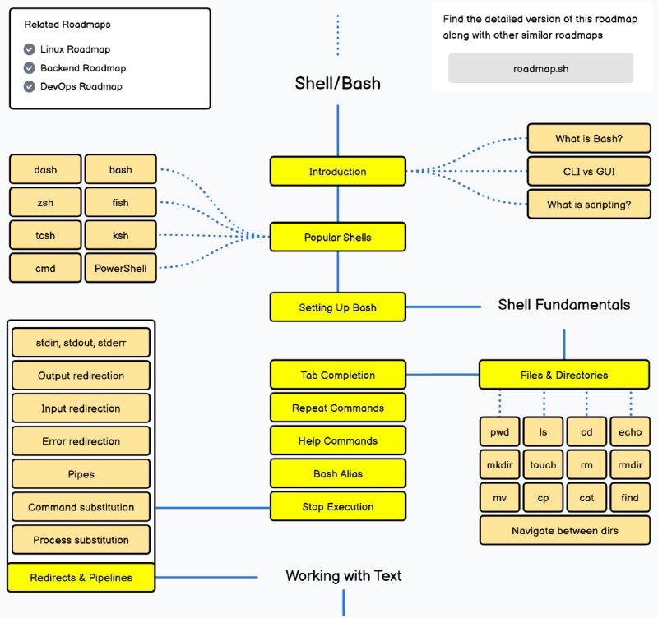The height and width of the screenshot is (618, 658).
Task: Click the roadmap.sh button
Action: (x=540, y=68)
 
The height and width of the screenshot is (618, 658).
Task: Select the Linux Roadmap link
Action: (x=75, y=49)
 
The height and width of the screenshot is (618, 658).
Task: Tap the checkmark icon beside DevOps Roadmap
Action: (x=30, y=86)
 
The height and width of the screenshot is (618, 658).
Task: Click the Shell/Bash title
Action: (x=337, y=83)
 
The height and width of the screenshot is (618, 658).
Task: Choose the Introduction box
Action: (x=337, y=171)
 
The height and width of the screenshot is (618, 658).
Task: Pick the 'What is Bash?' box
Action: (x=589, y=139)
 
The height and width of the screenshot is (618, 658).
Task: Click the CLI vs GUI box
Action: (x=589, y=172)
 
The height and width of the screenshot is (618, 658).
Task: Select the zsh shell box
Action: (x=45, y=202)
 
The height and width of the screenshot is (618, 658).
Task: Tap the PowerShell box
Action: (x=120, y=268)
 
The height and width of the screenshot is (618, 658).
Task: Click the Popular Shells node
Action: (x=337, y=238)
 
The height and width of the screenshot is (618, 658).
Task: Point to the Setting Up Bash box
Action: (x=337, y=307)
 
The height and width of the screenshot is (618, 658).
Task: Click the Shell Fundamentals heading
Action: (x=563, y=305)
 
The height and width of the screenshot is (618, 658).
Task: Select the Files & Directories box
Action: (x=563, y=375)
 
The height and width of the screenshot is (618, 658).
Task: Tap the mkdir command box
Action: (x=499, y=465)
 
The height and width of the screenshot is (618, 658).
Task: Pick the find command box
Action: (x=630, y=498)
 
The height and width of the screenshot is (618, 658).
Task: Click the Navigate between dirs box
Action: (x=564, y=531)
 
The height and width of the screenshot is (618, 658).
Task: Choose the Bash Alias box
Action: (x=337, y=473)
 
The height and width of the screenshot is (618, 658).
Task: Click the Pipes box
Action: (x=81, y=474)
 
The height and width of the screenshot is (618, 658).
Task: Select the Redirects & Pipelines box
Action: (x=81, y=578)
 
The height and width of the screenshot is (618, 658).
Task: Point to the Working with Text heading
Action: (x=343, y=575)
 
